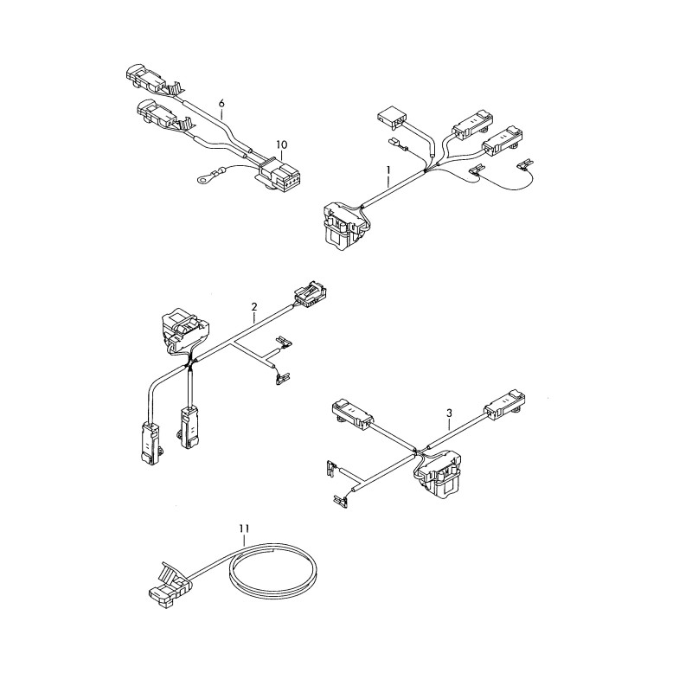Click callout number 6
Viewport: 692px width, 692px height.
pyautogui.click(x=221, y=103)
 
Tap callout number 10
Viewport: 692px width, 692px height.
pyautogui.click(x=282, y=144)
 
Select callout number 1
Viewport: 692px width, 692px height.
pyautogui.click(x=388, y=170)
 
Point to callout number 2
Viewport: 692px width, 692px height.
pyautogui.click(x=253, y=306)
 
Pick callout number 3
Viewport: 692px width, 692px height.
pyautogui.click(x=449, y=413)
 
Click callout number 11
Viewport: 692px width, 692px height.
pyautogui.click(x=244, y=528)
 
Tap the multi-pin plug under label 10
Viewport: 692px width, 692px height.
pyautogui.click(x=277, y=176)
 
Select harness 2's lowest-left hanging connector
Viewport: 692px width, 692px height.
pyautogui.click(x=150, y=443)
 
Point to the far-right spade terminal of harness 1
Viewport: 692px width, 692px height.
pyautogui.click(x=525, y=165)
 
